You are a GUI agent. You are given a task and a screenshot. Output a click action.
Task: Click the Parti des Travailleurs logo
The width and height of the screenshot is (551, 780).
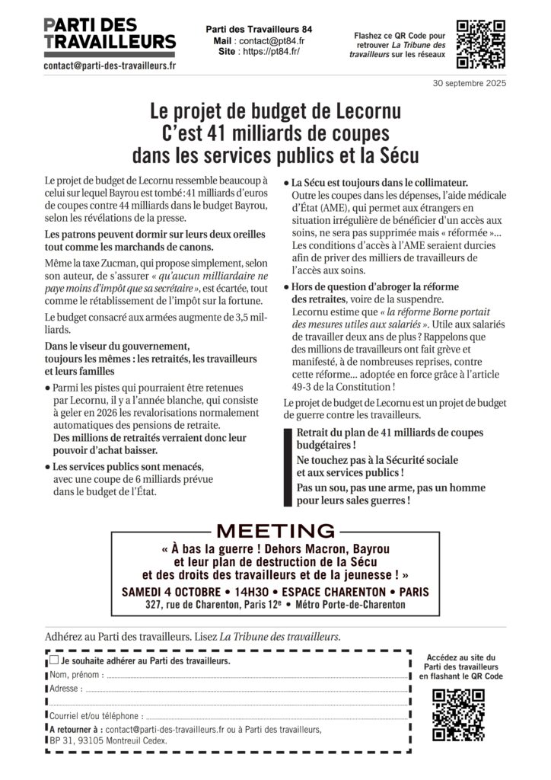point(110,34)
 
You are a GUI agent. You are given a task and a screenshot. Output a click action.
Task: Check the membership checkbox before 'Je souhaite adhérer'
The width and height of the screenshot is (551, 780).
point(54,660)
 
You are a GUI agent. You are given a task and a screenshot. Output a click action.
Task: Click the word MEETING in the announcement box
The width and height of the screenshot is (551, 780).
point(275,531)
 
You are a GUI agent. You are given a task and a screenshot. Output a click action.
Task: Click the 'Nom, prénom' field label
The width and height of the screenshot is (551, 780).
point(75,675)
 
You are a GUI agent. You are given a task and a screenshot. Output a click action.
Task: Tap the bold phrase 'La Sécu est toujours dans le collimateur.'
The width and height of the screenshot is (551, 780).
point(379,183)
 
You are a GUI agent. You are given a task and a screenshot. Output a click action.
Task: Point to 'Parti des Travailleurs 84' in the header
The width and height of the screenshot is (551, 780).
point(259,29)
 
